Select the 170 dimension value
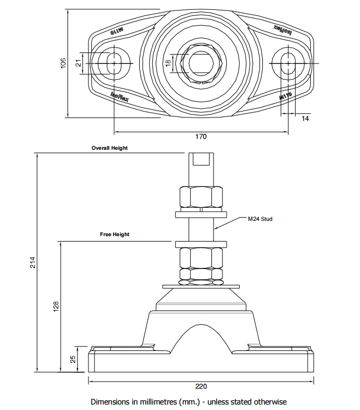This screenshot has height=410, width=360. (x=201, y=137)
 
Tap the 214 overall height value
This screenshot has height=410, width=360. (x=32, y=262)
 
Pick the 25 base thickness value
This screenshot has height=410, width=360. (x=73, y=359)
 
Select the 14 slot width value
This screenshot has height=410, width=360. (x=305, y=118)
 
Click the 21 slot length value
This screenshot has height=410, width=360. (x=78, y=63)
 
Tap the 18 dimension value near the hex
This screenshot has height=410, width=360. (x=168, y=63)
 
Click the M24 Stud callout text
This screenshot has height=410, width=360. (x=259, y=219)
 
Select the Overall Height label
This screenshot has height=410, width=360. (x=109, y=148)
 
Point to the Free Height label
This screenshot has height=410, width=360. (x=115, y=235)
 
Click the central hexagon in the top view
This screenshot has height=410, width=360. (x=201, y=62)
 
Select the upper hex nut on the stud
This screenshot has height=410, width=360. (x=201, y=196)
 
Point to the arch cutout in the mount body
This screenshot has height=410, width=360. (x=201, y=339)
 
